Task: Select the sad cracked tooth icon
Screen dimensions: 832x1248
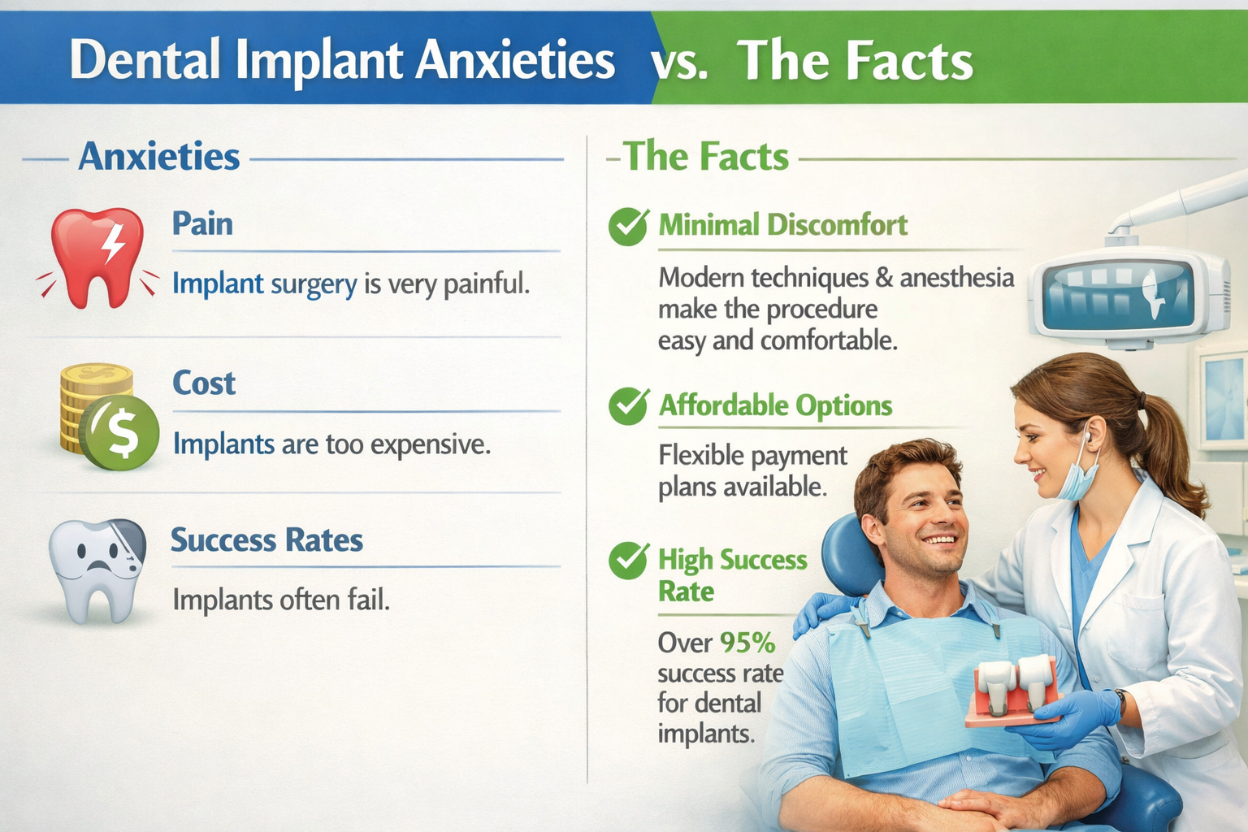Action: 97,569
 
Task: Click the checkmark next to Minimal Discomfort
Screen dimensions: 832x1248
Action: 628,226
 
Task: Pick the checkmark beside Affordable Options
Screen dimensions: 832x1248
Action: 628,405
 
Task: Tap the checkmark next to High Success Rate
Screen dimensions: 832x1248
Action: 628,561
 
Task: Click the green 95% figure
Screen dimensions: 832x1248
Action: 747,643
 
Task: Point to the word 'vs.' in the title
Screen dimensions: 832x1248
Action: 679,62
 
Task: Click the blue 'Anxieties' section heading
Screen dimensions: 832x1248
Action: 159,156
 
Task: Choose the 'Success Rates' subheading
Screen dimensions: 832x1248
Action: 266,540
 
